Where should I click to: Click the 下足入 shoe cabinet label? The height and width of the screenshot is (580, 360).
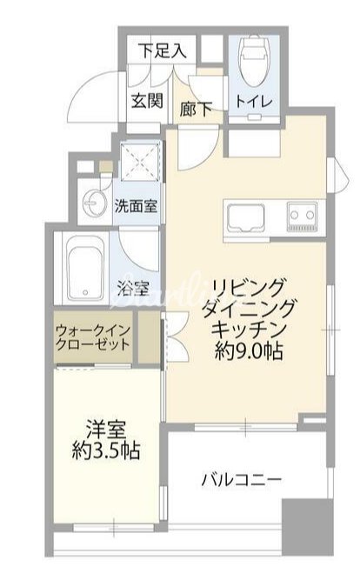[163, 50]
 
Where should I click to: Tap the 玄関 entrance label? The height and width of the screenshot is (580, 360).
[148, 100]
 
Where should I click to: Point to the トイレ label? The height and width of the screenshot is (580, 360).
[255, 102]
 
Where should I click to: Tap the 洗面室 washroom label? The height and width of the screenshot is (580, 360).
[136, 206]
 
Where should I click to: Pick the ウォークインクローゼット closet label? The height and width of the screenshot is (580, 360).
[94, 337]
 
